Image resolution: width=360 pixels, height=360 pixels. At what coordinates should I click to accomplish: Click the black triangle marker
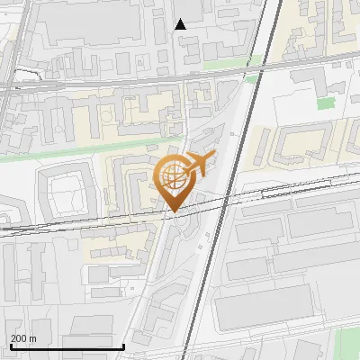click(x=181, y=24)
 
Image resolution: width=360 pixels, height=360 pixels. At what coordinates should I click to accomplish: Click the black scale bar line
click(x=67, y=346)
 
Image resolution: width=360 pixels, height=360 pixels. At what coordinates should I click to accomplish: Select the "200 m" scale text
click(x=23, y=338)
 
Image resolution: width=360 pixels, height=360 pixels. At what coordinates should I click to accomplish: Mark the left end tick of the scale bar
click(x=10, y=344)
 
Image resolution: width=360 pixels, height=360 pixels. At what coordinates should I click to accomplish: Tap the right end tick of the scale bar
click(x=123, y=344)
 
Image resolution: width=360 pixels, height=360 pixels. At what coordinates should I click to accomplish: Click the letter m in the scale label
click(x=32, y=338)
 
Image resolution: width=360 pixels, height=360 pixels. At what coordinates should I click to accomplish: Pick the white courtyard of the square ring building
click(x=65, y=193)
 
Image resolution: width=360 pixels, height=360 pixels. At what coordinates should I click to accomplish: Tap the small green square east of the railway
click(x=253, y=78)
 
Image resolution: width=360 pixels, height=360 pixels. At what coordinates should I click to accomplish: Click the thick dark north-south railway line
click(x=227, y=180)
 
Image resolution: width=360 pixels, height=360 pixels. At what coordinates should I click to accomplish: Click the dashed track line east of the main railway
click(x=297, y=192)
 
